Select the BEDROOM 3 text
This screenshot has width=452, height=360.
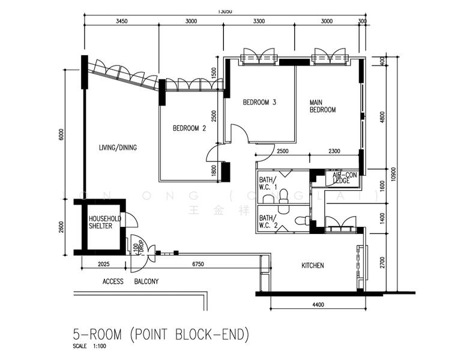pyautogui.click(x=259, y=103)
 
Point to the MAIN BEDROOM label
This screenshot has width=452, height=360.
pyautogui.click(x=322, y=106)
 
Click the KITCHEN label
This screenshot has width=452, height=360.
pyautogui.click(x=312, y=265)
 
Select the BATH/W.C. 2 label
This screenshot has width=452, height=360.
pyautogui.click(x=267, y=221)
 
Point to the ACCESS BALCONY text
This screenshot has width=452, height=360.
pyautogui.click(x=130, y=281)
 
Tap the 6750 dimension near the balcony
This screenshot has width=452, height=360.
pyautogui.click(x=199, y=264)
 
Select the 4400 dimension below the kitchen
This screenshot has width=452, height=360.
pyautogui.click(x=318, y=305)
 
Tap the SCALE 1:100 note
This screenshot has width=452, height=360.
pyautogui.click(x=88, y=347)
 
